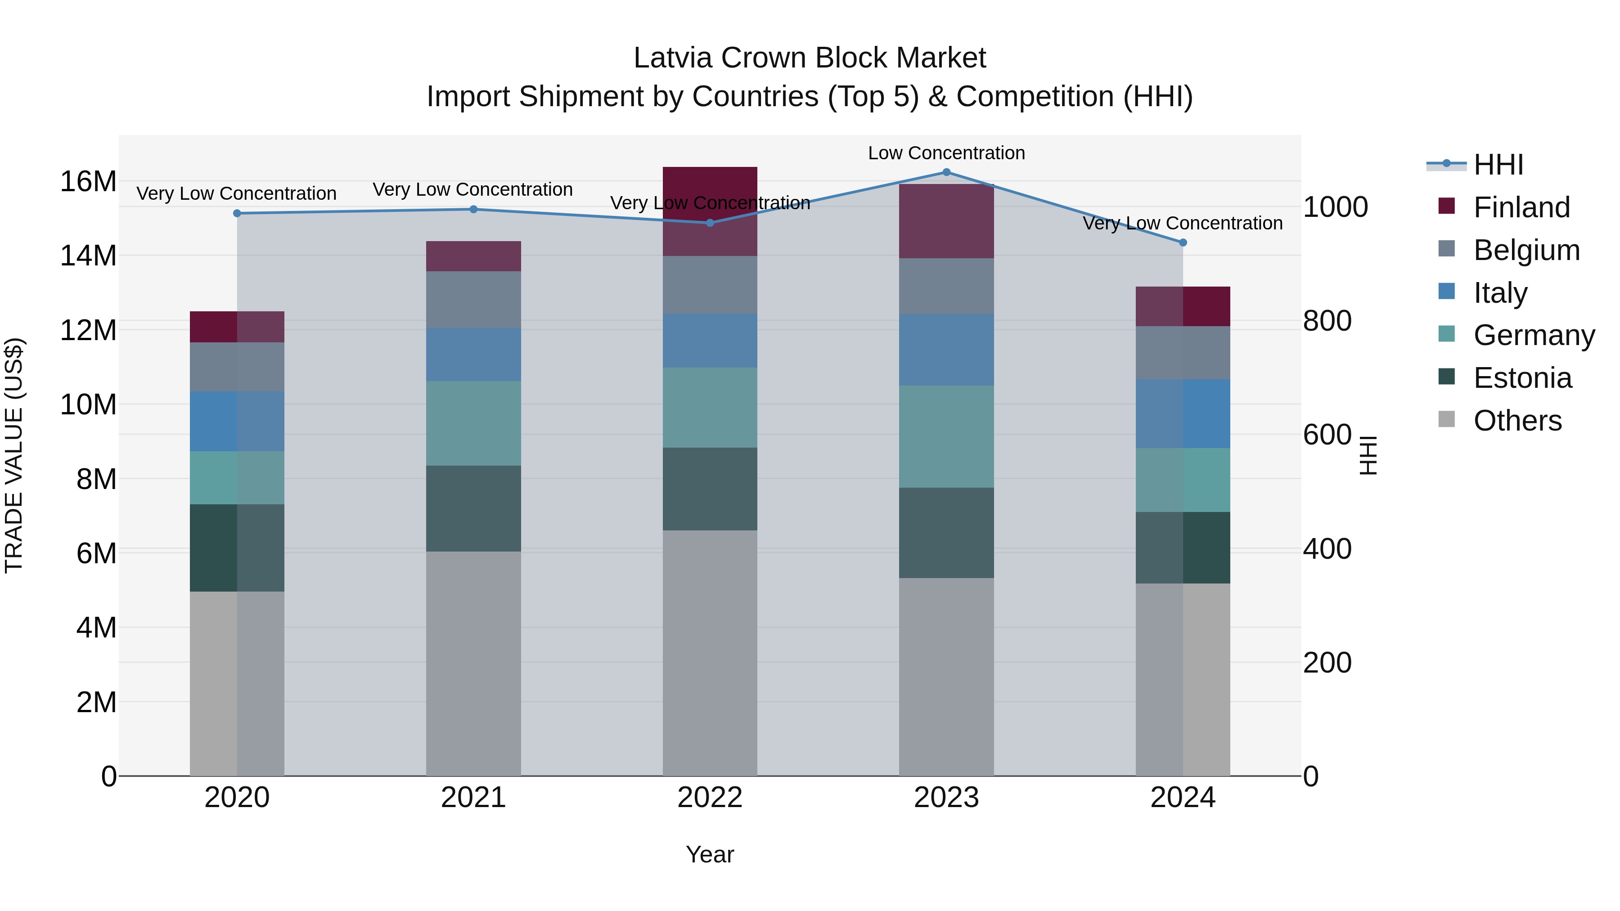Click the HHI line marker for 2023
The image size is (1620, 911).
point(946,172)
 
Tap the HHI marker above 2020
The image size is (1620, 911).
point(237,213)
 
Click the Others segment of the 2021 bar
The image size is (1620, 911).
point(473,663)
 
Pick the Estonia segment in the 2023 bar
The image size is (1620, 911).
point(946,533)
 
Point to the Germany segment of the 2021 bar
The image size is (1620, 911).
point(473,423)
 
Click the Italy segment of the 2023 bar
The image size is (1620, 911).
point(946,350)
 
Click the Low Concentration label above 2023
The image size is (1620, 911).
point(946,153)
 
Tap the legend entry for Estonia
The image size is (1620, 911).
point(1522,378)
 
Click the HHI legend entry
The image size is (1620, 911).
point(1498,165)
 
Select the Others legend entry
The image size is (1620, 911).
point(1517,421)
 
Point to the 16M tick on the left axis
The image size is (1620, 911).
point(88,182)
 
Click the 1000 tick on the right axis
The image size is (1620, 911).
point(1335,207)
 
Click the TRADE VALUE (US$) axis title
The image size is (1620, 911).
point(14,455)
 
